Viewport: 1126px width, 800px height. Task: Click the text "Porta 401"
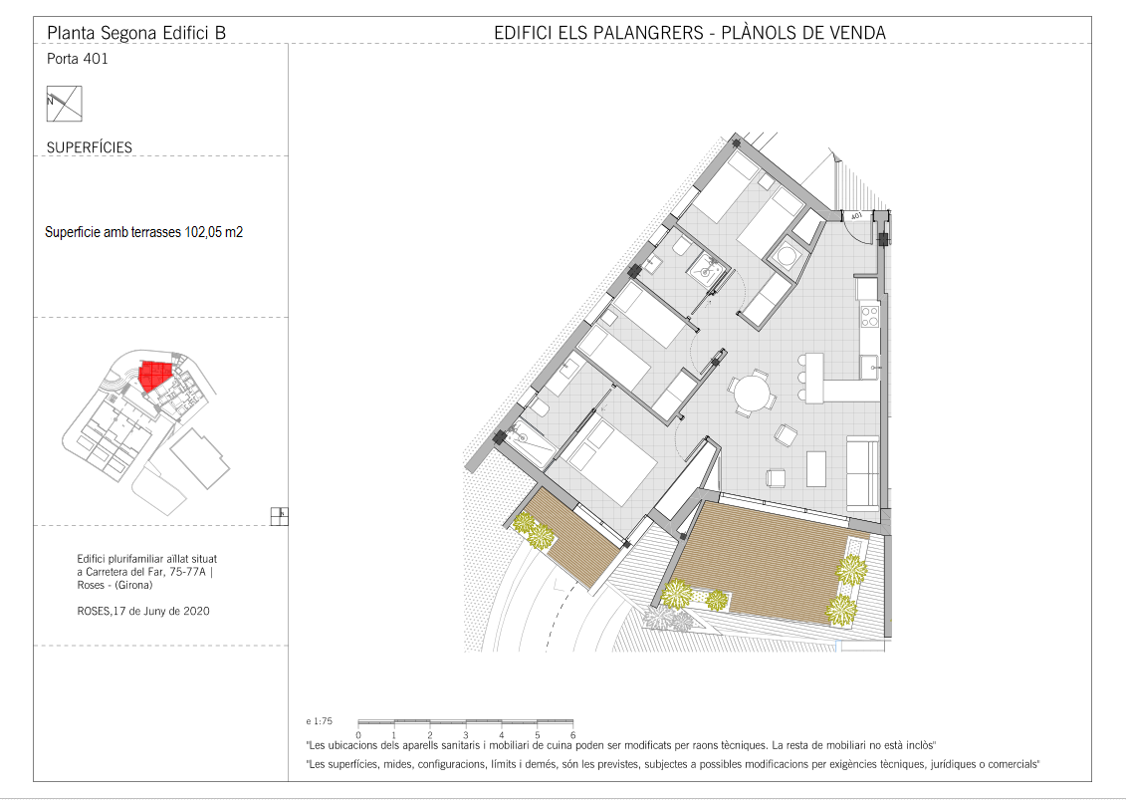[78, 59]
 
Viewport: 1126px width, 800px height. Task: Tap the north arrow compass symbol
[65, 104]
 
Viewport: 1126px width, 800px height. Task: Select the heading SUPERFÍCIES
[90, 147]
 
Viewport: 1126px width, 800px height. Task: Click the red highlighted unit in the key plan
[156, 376]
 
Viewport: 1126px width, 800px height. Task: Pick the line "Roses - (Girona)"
[114, 585]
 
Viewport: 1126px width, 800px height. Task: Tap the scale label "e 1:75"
[319, 721]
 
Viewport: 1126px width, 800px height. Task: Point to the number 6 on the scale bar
[573, 735]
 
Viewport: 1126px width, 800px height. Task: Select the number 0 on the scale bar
[358, 735]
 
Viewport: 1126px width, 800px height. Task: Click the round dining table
[751, 393]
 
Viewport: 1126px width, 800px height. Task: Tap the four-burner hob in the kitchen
[869, 317]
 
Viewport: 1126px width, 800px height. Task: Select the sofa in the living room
[863, 473]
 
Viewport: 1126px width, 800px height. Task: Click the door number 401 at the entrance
[856, 215]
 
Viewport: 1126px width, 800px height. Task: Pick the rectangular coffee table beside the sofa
[816, 468]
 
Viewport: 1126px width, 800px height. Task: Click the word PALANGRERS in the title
[648, 33]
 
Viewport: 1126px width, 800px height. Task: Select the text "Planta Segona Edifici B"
[136, 33]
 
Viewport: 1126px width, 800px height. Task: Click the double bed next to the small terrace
[607, 461]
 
